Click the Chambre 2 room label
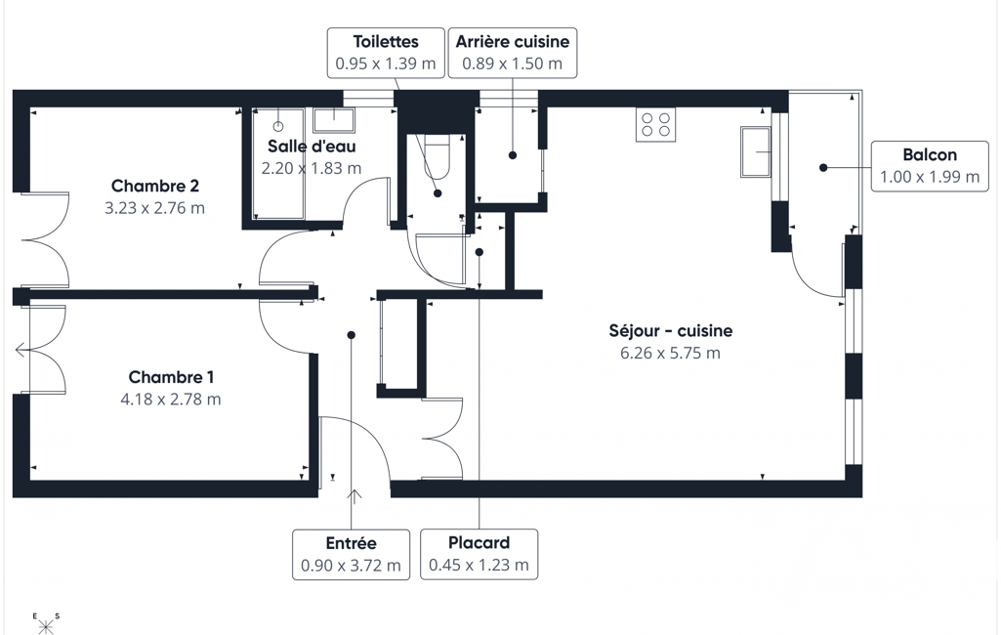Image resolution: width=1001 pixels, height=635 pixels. point(155,186)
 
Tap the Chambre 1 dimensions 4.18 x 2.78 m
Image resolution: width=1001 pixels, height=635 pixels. point(171,400)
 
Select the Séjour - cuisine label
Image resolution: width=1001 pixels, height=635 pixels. point(670,331)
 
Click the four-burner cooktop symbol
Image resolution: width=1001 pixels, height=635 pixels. point(655,125)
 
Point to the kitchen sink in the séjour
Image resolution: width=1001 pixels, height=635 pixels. point(756,151)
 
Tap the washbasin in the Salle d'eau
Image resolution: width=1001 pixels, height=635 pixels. point(333,120)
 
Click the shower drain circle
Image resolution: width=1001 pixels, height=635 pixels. point(278,126)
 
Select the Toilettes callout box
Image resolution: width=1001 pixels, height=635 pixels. point(386,53)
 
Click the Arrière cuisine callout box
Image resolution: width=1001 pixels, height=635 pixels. point(513,53)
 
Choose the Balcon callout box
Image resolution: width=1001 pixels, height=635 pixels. point(930,166)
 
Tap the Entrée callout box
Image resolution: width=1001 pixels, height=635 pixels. point(352,555)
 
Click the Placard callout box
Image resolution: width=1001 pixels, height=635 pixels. point(479,555)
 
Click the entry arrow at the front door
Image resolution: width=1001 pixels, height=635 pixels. point(354,495)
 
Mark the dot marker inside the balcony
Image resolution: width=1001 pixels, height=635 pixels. point(823,167)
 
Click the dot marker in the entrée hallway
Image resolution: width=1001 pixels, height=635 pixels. point(351,335)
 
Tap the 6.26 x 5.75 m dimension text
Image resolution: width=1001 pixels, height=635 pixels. point(670,354)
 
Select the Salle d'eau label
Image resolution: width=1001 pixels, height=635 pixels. point(312,147)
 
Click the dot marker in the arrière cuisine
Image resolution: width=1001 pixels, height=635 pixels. point(513,155)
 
